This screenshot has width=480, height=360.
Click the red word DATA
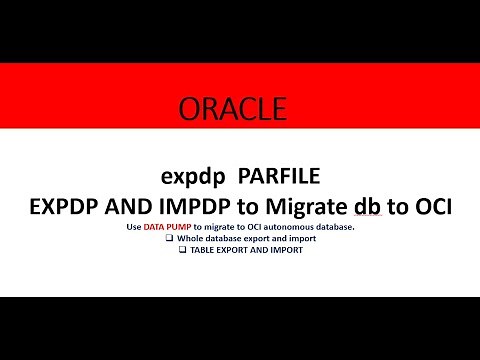(x=154, y=228)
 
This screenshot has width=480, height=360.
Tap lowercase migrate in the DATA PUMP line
(x=224, y=228)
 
